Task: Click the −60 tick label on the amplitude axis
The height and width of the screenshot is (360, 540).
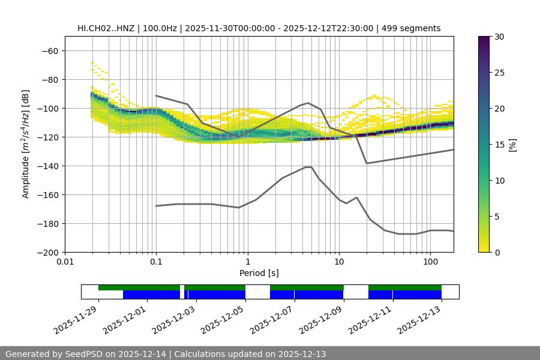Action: click(49, 50)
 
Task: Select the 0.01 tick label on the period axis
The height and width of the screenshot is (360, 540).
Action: click(65, 262)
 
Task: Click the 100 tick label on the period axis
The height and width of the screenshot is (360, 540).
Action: click(430, 262)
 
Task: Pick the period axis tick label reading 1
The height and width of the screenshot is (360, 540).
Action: click(247, 262)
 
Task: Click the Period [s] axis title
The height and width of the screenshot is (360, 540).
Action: click(259, 273)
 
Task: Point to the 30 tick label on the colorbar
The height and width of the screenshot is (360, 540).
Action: click(499, 37)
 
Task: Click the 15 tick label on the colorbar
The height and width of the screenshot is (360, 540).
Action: click(499, 145)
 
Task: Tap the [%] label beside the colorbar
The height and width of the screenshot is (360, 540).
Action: click(512, 145)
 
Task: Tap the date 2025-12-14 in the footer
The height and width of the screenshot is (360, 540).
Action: click(143, 354)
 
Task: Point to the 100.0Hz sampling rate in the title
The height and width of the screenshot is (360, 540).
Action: click(161, 28)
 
